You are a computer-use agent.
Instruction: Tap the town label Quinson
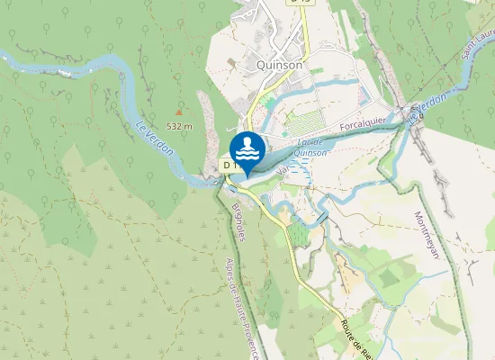(280, 65)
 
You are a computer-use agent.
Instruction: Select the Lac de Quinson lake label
(310, 148)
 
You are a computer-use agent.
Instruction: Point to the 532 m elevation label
(179, 126)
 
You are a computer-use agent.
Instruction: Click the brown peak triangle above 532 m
(178, 112)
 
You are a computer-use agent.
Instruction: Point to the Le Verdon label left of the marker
(154, 139)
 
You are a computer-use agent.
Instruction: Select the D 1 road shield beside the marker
(229, 166)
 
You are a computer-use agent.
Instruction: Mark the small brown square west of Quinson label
(231, 62)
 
